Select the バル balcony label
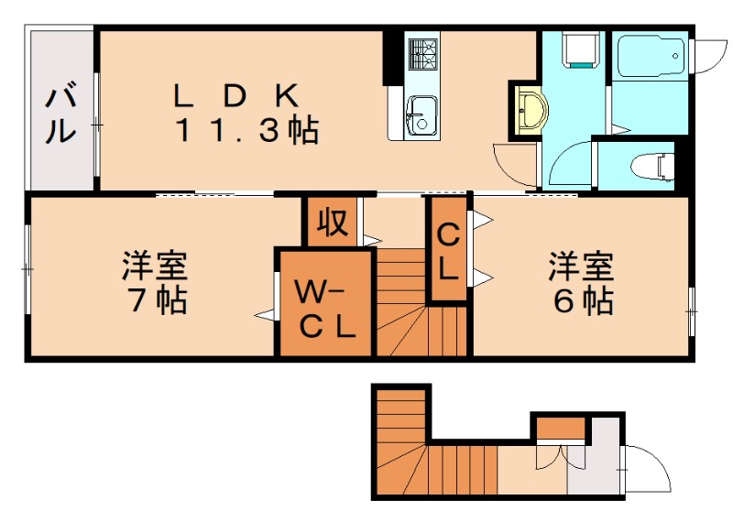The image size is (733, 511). (x=60, y=113)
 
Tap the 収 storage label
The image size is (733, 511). (x=333, y=223)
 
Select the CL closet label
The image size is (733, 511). (x=448, y=250)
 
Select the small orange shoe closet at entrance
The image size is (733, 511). (x=560, y=428)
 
